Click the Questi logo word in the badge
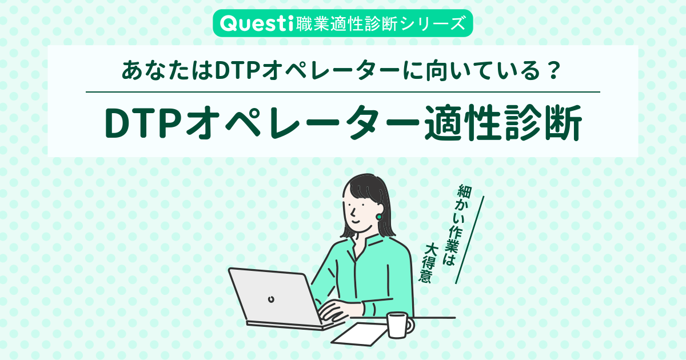256,23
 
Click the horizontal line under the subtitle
343,92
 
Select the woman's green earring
379,217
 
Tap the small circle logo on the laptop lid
270,298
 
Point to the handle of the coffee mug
410,325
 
